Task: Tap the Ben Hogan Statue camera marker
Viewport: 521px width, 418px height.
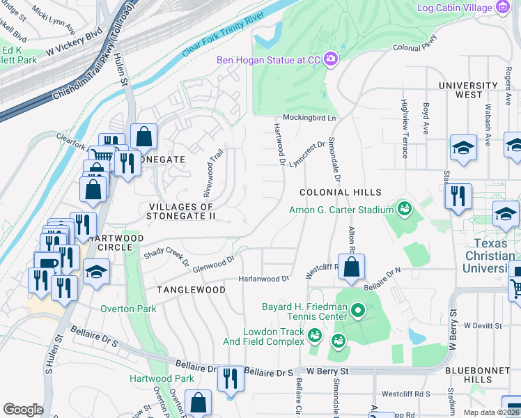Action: [x=330, y=60]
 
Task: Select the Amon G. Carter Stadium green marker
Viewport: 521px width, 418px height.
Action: [x=404, y=209]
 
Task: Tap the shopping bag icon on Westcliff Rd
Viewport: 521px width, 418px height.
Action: [x=352, y=267]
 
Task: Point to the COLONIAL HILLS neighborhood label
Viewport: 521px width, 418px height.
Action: [x=341, y=192]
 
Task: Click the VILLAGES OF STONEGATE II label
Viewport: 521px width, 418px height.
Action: [x=180, y=211]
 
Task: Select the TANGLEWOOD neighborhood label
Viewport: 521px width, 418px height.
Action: [x=191, y=289]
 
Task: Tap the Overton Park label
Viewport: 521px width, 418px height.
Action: [x=128, y=309]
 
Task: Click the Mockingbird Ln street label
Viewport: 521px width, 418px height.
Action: [x=309, y=118]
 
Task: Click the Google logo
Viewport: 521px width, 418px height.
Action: [x=23, y=409]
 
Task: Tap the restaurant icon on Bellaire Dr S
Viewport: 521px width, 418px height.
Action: [x=231, y=379]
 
